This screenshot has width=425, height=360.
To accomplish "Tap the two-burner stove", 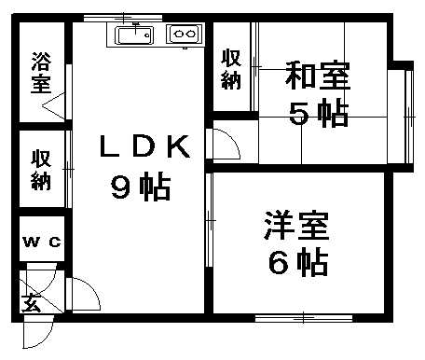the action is pos(183,35).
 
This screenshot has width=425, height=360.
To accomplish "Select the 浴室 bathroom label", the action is pos(40,72).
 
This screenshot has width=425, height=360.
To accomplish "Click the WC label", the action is pos(42,242).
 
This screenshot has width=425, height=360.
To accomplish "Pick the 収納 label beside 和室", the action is pos(230,68).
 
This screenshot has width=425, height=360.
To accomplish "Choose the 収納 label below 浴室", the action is pos(40,171).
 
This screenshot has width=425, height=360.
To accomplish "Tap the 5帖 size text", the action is pos(317,115).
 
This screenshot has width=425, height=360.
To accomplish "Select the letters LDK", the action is pos(146,146).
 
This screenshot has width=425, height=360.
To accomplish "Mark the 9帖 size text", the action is pos(140,188).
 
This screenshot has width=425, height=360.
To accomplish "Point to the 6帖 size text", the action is pos(297,264).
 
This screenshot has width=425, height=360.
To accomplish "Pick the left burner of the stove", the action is pos(177,35).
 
